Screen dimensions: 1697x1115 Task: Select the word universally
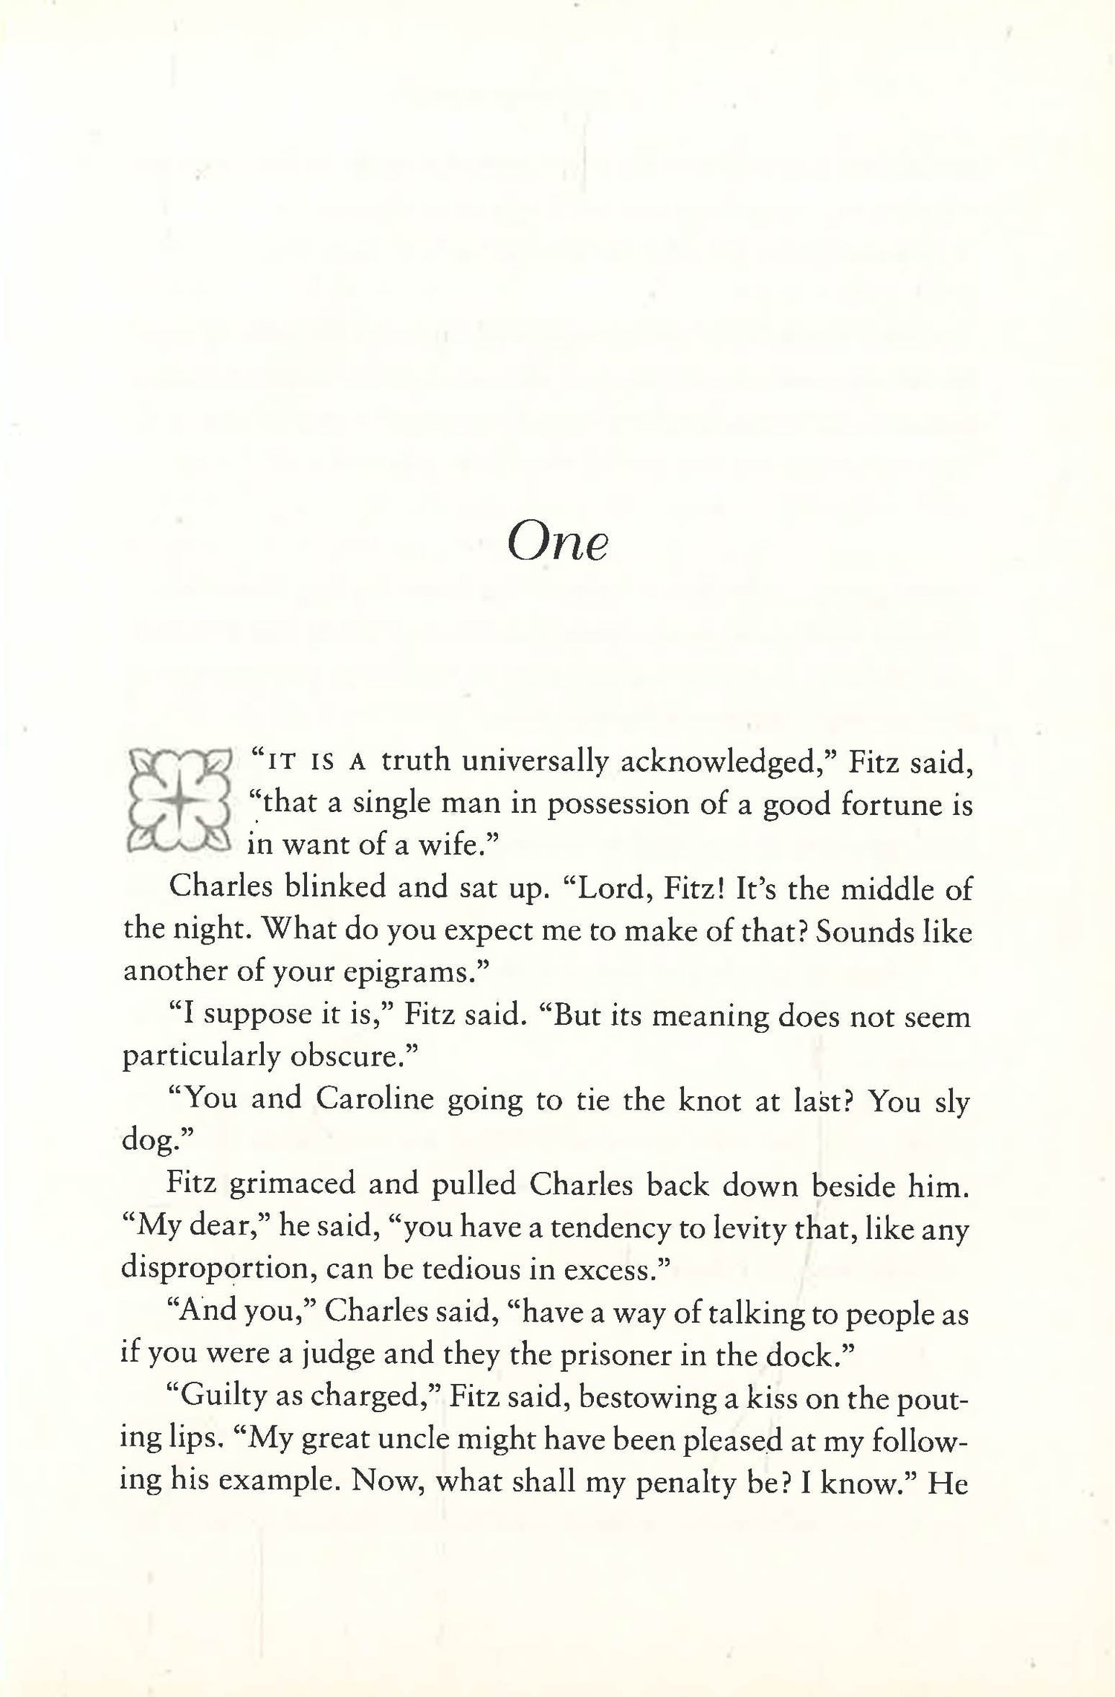click(534, 761)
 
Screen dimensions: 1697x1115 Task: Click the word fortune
click(880, 805)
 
